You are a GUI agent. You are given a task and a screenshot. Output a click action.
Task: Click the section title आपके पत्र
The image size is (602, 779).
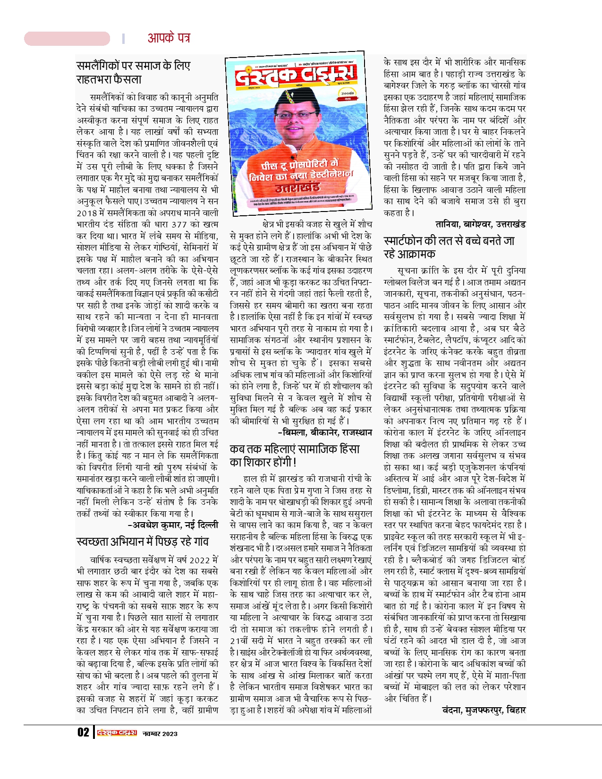point(169,38)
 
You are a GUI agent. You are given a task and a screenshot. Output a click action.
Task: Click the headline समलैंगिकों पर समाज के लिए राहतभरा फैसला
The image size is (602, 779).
point(133,72)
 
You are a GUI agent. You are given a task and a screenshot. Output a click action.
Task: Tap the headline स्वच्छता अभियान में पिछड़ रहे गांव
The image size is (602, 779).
point(142,542)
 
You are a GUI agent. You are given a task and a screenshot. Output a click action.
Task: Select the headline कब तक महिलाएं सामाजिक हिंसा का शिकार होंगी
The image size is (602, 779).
point(295,455)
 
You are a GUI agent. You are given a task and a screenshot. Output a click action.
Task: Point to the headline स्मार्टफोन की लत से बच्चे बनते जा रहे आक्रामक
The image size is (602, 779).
point(449,247)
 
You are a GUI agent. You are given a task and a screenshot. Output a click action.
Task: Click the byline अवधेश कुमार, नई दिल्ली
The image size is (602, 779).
point(173,525)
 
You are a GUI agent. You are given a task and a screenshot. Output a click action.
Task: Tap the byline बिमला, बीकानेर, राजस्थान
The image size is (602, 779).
point(325,432)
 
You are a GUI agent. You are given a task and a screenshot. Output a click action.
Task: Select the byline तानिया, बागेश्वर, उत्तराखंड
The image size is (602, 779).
point(480,224)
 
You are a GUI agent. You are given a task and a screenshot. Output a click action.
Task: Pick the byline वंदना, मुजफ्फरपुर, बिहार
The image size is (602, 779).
point(483,710)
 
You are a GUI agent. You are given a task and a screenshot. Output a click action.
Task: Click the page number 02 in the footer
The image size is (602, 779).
point(83,732)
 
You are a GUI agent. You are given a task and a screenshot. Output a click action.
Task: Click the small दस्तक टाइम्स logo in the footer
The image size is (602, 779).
point(117,733)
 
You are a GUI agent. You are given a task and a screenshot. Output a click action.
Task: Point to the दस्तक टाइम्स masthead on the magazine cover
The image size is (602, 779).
point(296,76)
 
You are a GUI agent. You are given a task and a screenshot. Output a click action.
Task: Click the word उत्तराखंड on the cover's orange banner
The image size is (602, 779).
point(297,187)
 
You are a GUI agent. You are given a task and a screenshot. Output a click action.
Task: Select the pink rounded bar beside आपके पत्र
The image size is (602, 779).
point(67,38)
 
